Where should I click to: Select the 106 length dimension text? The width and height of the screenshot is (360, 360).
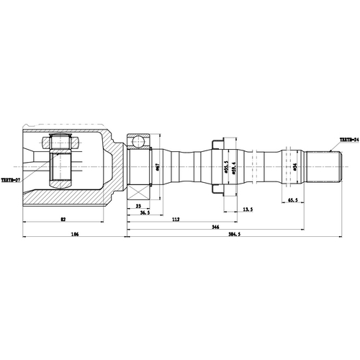click(74, 235)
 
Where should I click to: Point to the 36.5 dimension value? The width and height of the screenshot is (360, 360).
click(145, 214)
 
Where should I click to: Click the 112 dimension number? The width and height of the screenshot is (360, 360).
click(175, 220)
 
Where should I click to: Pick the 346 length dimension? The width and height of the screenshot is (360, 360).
click(214, 228)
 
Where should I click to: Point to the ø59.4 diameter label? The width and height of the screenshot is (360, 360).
click(231, 170)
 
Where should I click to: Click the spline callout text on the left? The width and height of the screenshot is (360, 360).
click(10, 181)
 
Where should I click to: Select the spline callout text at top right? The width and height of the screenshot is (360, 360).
click(349, 139)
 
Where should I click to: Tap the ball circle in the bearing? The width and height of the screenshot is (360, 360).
click(139, 138)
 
